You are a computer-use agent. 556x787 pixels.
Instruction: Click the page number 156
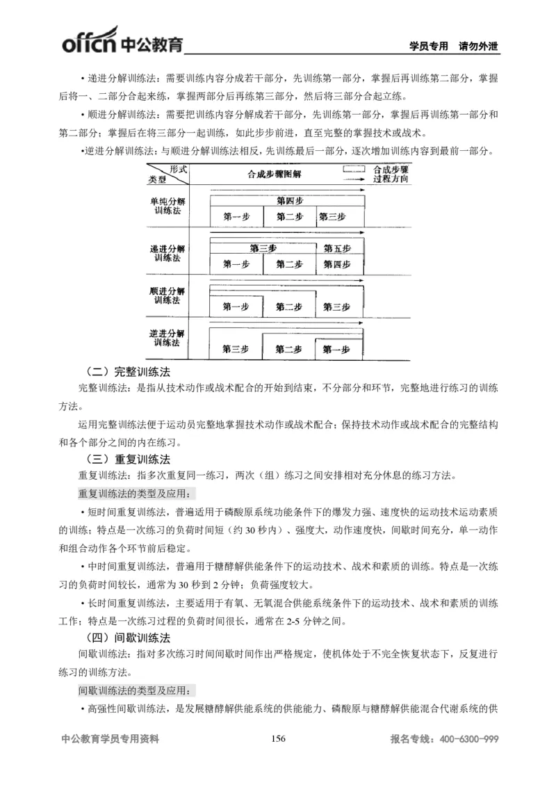coord(278,739)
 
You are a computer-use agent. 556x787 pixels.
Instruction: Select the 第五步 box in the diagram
coord(337,248)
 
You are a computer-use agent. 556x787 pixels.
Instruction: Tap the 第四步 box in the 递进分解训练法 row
coord(337,264)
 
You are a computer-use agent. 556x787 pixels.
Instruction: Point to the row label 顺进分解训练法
coord(167,295)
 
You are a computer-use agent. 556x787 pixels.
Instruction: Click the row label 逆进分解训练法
coord(167,338)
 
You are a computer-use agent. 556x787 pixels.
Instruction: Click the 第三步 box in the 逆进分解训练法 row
coord(236,349)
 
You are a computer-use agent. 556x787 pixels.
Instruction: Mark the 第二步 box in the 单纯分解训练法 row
coord(289,217)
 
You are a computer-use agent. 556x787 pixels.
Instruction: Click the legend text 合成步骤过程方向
coord(390,174)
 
